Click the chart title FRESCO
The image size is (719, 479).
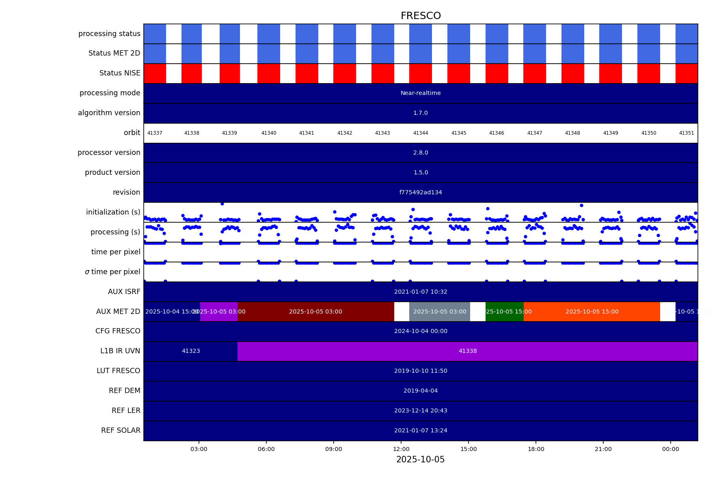(x=421, y=16)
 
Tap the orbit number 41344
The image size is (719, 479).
(x=421, y=133)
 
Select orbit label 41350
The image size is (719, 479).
(x=649, y=133)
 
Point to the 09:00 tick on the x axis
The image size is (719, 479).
(x=334, y=449)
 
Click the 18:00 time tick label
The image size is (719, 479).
(x=536, y=449)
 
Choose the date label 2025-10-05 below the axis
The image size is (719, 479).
(x=421, y=460)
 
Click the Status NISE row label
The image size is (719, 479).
(x=120, y=73)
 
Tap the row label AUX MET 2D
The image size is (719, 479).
(x=118, y=311)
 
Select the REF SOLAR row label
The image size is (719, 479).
(x=121, y=430)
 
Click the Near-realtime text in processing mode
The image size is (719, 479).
(x=421, y=93)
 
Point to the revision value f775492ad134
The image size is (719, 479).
(x=421, y=192)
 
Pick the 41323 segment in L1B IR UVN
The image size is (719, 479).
(x=191, y=351)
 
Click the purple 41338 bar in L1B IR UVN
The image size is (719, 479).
(x=468, y=351)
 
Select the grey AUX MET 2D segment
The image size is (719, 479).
(x=440, y=311)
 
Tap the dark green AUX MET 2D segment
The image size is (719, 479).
(x=505, y=311)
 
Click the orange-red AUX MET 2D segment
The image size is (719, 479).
(x=592, y=311)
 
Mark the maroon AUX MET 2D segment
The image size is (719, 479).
(x=315, y=311)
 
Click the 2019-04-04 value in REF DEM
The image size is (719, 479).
(x=421, y=391)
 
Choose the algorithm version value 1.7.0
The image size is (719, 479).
(x=421, y=113)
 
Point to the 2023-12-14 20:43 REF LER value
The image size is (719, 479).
(x=421, y=410)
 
